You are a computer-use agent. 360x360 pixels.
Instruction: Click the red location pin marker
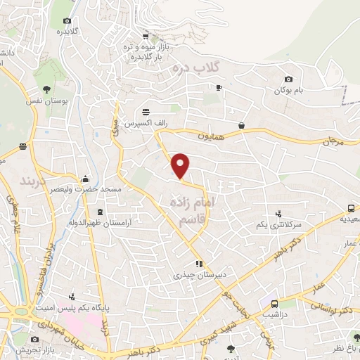tap(181, 165)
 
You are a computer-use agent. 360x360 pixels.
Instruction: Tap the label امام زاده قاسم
tap(191, 212)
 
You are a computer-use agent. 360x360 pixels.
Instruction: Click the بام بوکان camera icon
tap(288, 79)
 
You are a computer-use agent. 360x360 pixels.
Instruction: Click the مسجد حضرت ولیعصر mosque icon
tap(85, 179)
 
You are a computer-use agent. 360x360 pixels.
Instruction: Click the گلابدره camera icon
tap(67, 22)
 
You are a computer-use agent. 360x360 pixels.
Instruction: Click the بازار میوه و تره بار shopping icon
tap(146, 37)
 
